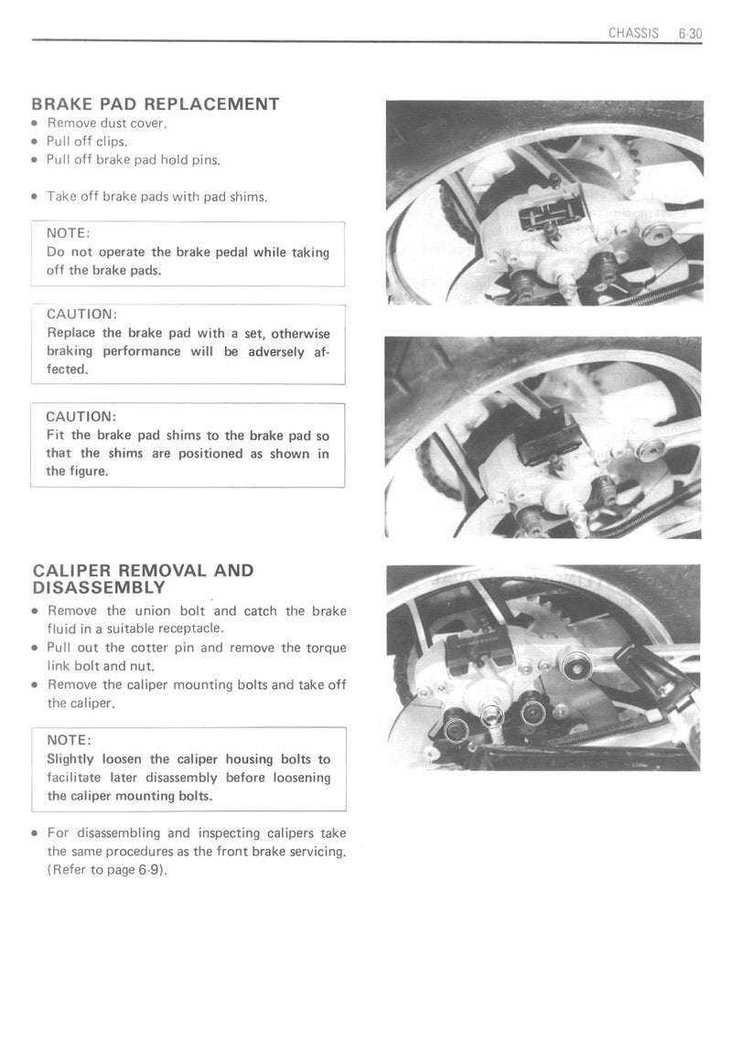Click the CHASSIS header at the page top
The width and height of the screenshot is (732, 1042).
click(x=633, y=33)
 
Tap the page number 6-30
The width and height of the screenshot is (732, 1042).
click(x=690, y=33)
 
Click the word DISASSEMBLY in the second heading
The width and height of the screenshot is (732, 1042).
click(x=99, y=587)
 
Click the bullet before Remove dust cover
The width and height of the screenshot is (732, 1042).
click(x=35, y=124)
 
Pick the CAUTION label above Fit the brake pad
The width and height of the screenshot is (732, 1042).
click(x=81, y=416)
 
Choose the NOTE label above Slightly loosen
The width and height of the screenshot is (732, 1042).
click(x=69, y=740)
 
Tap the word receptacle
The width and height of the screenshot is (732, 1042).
click(x=192, y=629)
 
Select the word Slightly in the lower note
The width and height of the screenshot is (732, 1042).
click(x=70, y=759)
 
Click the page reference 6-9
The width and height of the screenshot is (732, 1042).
click(x=150, y=870)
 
